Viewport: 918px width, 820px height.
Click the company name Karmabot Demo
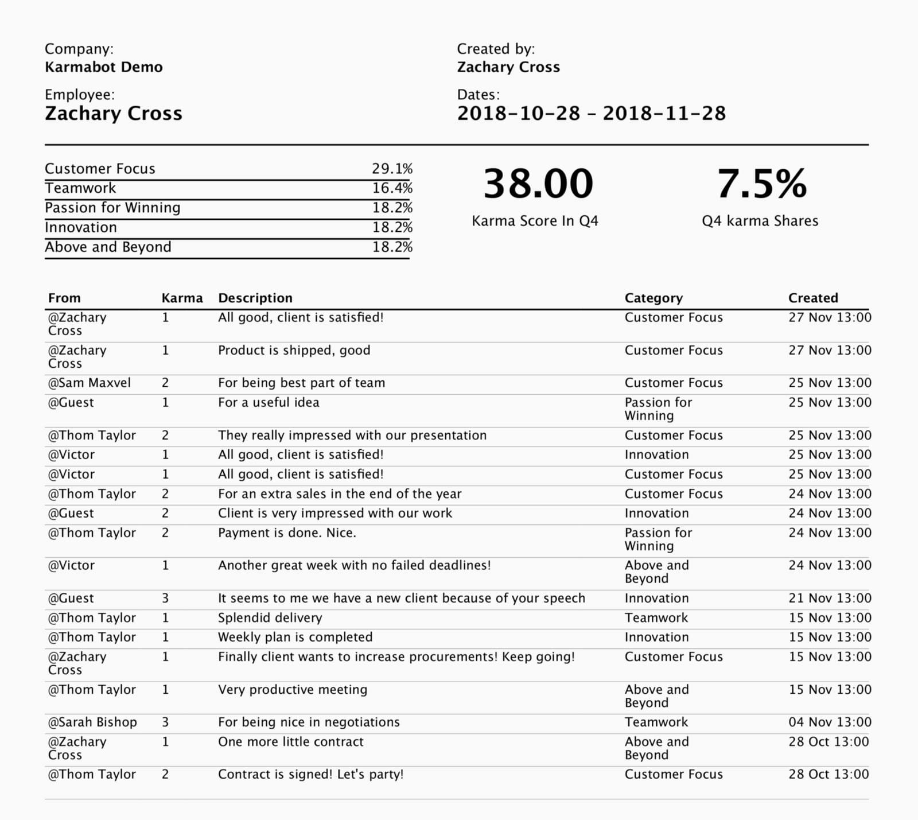click(103, 67)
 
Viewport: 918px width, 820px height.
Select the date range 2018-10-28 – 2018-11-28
click(591, 113)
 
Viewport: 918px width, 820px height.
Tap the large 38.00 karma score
click(538, 184)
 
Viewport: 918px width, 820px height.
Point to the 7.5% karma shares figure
click(761, 184)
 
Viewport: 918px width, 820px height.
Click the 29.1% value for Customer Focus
click(392, 169)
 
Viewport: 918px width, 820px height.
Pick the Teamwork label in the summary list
click(80, 188)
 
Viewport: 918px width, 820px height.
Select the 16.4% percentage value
click(392, 188)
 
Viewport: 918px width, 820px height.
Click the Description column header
click(255, 298)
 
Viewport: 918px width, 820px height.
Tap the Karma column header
click(182, 298)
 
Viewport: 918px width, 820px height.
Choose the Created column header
click(813, 298)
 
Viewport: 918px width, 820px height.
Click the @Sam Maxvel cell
click(90, 383)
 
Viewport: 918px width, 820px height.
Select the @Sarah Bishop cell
click(92, 722)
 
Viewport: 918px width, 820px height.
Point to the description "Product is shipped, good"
click(294, 350)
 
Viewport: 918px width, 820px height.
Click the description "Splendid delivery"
click(270, 617)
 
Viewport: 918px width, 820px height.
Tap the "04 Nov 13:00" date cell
click(830, 722)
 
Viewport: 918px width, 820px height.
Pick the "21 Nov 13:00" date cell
click(830, 598)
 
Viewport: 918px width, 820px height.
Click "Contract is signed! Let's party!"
click(310, 774)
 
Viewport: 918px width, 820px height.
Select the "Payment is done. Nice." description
click(287, 533)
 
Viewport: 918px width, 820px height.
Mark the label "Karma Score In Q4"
click(535, 221)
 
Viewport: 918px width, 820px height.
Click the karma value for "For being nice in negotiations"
click(165, 722)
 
